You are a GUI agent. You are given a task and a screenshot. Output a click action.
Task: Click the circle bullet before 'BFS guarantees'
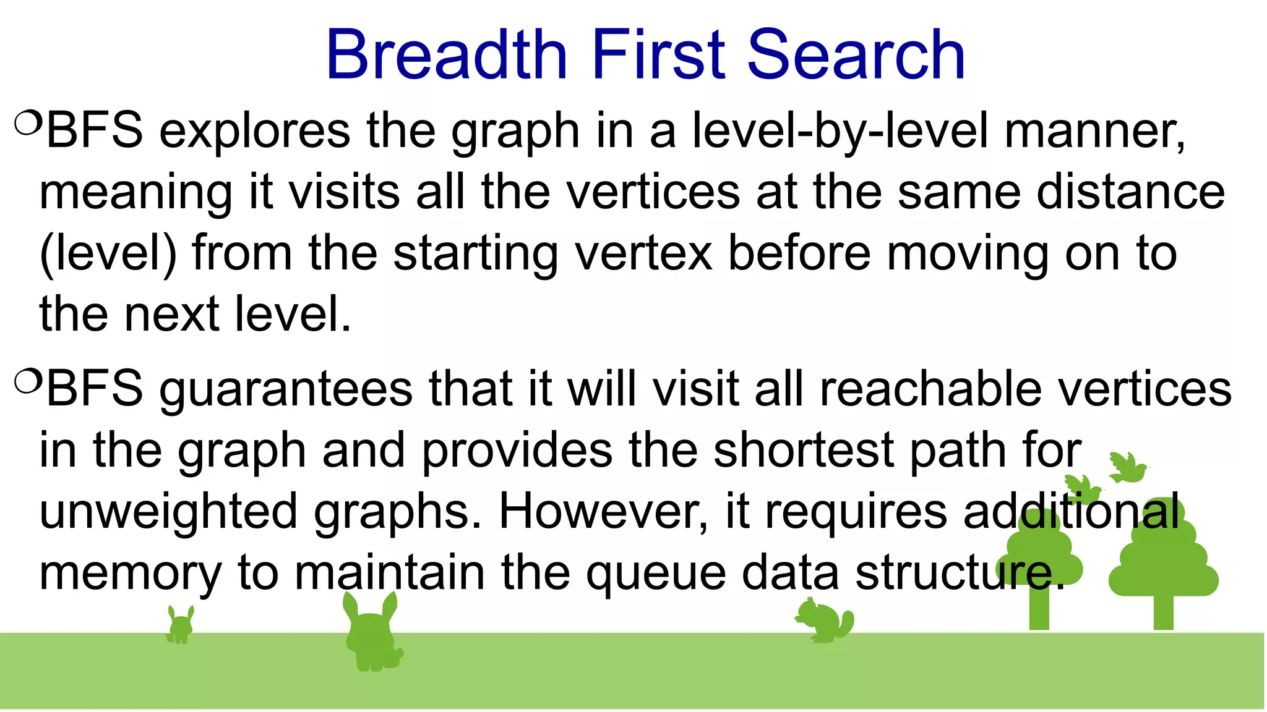coord(27,381)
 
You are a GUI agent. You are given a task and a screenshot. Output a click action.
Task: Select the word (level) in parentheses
coord(108,253)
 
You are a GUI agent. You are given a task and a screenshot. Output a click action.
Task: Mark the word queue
coord(656,574)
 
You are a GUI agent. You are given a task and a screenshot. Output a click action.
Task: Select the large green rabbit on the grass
coord(372,637)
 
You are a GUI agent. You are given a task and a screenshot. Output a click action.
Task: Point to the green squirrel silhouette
coord(825,621)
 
